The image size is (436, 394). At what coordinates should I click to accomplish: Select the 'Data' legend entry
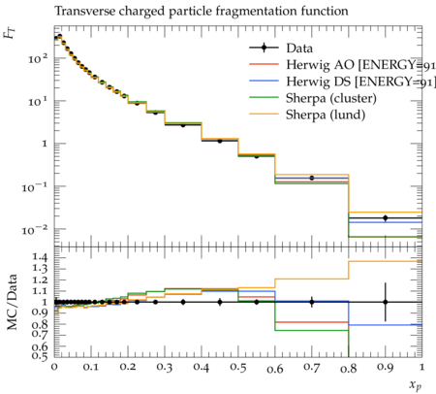click(x=281, y=49)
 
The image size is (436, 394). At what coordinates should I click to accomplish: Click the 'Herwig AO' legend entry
click(x=342, y=65)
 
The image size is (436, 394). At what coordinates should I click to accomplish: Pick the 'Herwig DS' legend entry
click(x=342, y=82)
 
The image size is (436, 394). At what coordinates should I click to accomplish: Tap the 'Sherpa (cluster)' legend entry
click(x=313, y=98)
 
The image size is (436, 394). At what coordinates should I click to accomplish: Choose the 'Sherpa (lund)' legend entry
click(x=307, y=115)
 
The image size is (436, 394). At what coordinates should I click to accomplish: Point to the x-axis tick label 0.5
click(x=238, y=368)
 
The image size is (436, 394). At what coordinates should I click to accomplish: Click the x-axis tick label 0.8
click(x=349, y=368)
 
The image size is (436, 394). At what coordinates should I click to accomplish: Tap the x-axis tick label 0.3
click(x=165, y=368)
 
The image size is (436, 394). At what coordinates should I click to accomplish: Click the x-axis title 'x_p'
click(x=416, y=385)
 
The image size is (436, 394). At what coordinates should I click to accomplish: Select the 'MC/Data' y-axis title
click(x=13, y=302)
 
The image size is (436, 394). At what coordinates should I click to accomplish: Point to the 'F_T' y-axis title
click(x=11, y=33)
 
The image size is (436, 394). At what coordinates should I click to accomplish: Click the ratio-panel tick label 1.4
click(x=40, y=257)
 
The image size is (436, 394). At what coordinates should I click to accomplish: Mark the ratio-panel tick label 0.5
click(x=40, y=356)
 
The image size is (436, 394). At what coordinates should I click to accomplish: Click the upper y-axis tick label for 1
click(x=45, y=144)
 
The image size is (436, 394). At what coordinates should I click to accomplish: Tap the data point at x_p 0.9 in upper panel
click(x=385, y=218)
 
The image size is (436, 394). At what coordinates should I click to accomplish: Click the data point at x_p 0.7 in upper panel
click(x=312, y=178)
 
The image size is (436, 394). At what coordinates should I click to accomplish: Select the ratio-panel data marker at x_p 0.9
click(x=385, y=302)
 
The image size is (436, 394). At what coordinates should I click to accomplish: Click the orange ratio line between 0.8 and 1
click(x=385, y=261)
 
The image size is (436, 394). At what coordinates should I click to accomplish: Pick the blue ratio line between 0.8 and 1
click(x=385, y=325)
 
